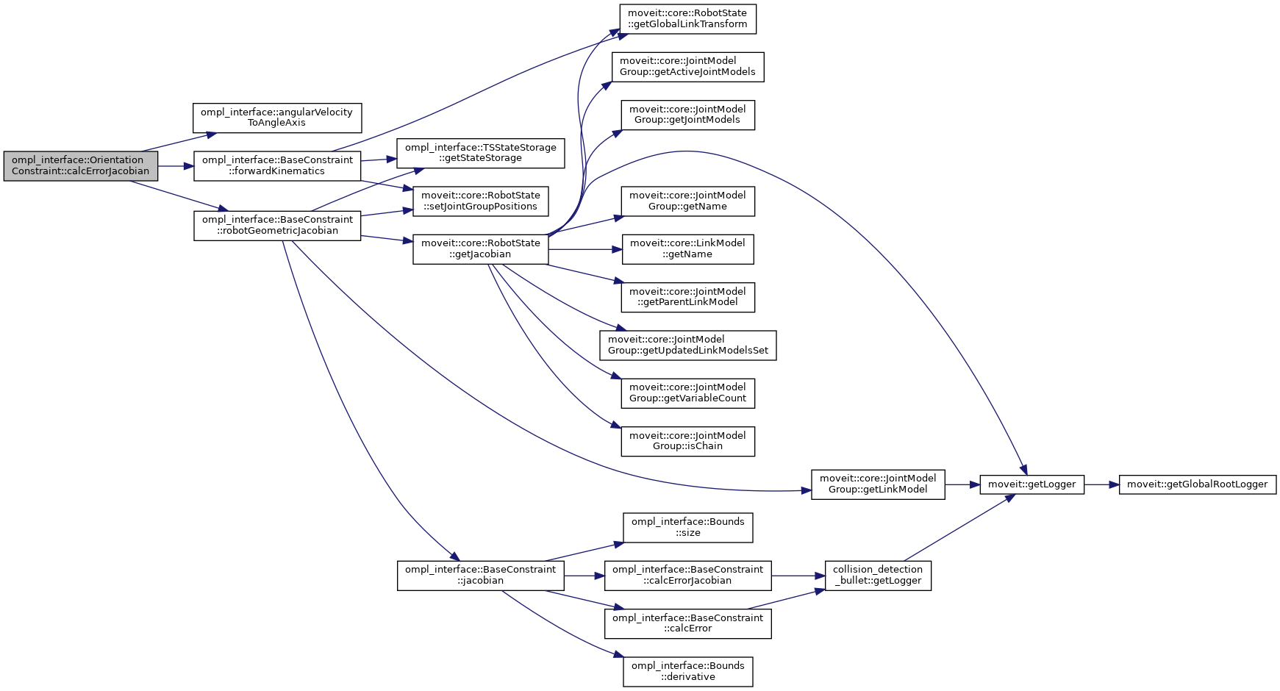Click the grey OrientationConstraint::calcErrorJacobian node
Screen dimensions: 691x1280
(81, 166)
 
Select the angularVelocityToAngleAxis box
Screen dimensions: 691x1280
(276, 118)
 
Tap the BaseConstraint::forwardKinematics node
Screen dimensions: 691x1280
(277, 166)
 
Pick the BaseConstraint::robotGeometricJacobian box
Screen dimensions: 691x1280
(277, 226)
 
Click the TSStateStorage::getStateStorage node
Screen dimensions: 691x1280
(481, 153)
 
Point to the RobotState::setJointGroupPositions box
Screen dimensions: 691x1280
(481, 201)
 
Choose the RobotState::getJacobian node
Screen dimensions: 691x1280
(481, 249)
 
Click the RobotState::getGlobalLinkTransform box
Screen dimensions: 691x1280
(687, 19)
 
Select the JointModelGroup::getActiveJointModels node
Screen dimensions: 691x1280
(687, 67)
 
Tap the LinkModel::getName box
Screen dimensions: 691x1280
(687, 249)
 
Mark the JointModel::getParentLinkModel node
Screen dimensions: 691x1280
(687, 297)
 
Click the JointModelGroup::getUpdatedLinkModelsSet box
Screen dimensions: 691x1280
(687, 345)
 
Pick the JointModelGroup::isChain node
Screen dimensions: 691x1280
(687, 441)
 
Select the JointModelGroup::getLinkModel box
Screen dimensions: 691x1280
(878, 484)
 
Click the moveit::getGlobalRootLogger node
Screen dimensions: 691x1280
(1197, 484)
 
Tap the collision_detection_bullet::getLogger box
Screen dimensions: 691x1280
(878, 576)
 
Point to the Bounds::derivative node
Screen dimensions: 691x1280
(687, 672)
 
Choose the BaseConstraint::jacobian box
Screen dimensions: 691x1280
(481, 576)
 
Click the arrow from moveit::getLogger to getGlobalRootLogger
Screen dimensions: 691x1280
(1101, 484)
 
